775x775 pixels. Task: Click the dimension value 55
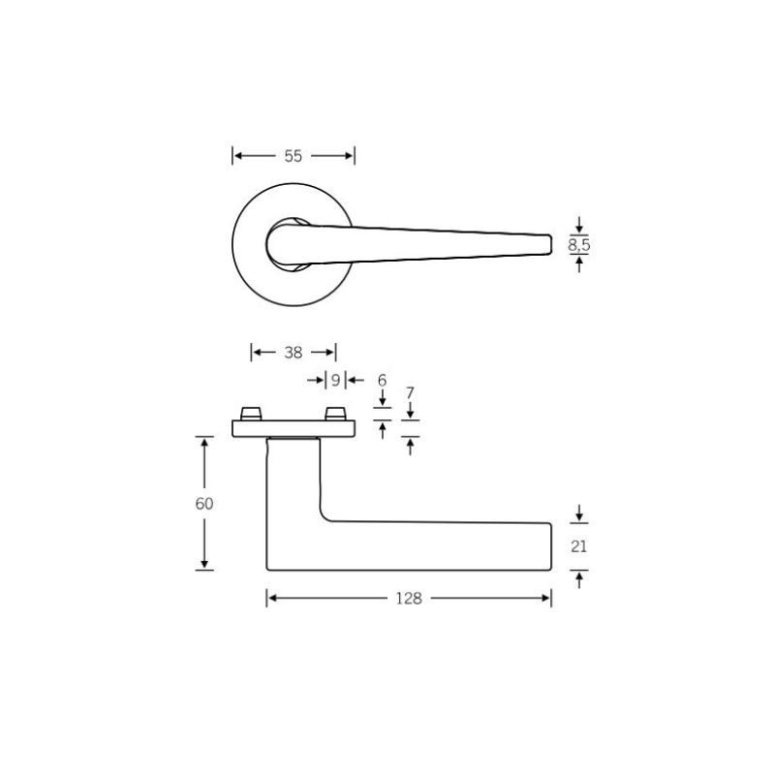coord(294,156)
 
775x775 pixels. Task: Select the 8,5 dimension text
coord(578,245)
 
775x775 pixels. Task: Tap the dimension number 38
coord(294,353)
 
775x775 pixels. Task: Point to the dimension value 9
coord(335,380)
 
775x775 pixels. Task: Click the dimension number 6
coord(382,380)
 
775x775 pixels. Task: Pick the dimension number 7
coord(410,393)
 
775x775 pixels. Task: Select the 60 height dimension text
coord(204,504)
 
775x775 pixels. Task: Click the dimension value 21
coord(578,546)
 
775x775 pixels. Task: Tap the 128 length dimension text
coord(409,599)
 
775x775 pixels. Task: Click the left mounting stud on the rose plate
coord(251,415)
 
